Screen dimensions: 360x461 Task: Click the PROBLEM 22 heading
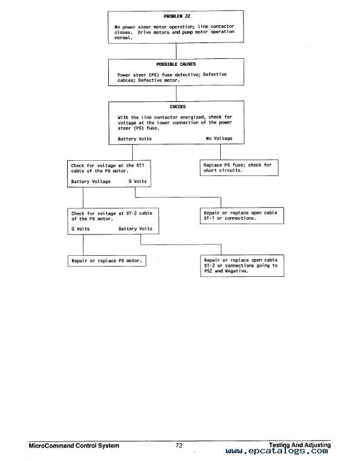(x=177, y=16)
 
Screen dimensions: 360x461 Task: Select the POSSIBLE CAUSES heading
(x=176, y=64)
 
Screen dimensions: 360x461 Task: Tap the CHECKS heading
(x=178, y=106)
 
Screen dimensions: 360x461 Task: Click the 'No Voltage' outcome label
(x=219, y=138)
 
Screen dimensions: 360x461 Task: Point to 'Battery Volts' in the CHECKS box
(x=135, y=139)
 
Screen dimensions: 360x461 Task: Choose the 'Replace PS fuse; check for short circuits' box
(x=239, y=168)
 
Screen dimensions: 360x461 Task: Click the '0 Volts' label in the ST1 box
(x=137, y=181)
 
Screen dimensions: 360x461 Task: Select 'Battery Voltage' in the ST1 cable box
(x=90, y=181)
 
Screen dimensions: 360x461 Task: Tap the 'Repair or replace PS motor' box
(x=107, y=261)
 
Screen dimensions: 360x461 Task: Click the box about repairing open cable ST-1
(x=242, y=215)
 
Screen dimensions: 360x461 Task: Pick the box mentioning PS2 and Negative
(x=242, y=265)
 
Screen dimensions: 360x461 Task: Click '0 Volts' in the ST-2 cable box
(x=80, y=229)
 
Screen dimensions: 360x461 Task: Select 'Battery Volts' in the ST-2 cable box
(x=135, y=229)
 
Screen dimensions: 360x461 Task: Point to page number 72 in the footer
(x=179, y=445)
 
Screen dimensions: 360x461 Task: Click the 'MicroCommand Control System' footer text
(x=74, y=446)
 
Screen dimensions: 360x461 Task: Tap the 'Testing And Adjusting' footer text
(x=300, y=445)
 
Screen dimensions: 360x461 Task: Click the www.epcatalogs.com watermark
(x=276, y=451)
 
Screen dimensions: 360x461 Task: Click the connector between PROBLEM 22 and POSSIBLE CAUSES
(x=176, y=51)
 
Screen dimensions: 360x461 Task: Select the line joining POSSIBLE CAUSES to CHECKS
(x=176, y=94)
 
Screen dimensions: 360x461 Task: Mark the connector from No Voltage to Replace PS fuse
(x=221, y=152)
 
